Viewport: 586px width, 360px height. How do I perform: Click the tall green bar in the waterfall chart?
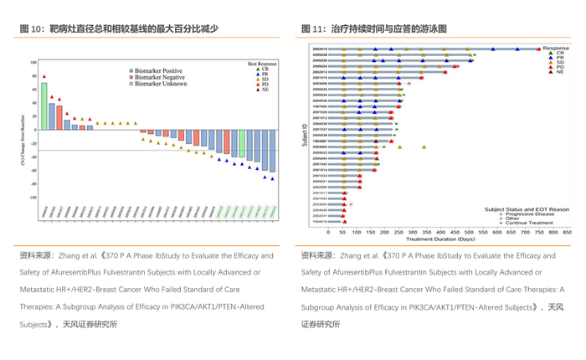44,106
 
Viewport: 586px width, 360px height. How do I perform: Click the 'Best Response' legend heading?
263,64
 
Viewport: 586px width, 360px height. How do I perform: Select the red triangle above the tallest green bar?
44,76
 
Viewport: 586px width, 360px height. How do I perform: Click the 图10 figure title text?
118,28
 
